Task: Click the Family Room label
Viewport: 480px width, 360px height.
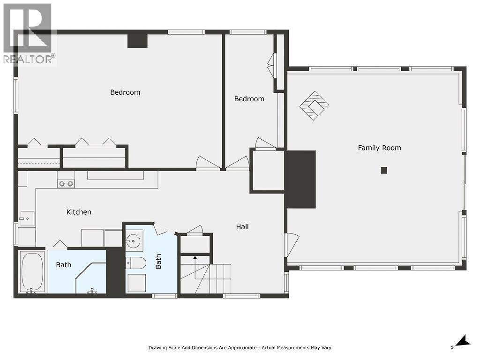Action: pyautogui.click(x=379, y=148)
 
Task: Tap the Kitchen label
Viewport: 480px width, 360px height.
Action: pyautogui.click(x=79, y=212)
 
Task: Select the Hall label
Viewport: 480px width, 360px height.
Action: pyautogui.click(x=242, y=227)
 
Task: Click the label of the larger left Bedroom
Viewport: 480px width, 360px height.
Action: pyautogui.click(x=125, y=92)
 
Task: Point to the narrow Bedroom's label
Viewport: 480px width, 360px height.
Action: pyautogui.click(x=249, y=99)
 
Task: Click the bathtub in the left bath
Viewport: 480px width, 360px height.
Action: pyautogui.click(x=32, y=271)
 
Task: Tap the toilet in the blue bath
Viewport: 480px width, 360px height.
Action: pyautogui.click(x=136, y=262)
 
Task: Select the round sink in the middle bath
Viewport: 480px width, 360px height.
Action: pyautogui.click(x=134, y=242)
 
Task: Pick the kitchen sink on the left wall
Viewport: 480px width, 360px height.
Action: pyautogui.click(x=27, y=218)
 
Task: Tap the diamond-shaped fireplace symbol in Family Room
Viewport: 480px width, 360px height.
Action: pyautogui.click(x=314, y=105)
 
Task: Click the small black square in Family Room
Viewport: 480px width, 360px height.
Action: pyautogui.click(x=384, y=170)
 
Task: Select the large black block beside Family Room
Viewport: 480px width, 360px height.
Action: pyautogui.click(x=300, y=179)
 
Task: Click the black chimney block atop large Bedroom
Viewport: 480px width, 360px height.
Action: pyautogui.click(x=137, y=40)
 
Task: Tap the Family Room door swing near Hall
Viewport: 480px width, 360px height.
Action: pyautogui.click(x=291, y=244)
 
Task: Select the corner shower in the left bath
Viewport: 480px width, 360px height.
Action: pyautogui.click(x=92, y=279)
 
